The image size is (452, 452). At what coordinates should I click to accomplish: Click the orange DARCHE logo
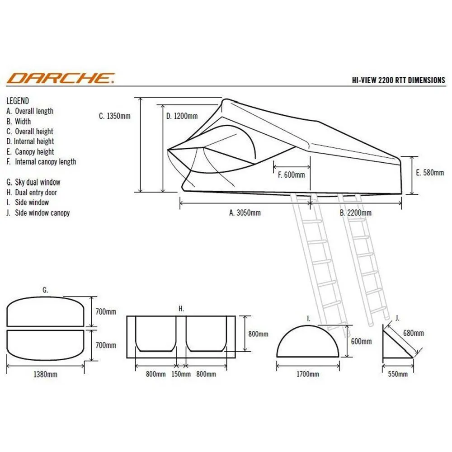coord(61,78)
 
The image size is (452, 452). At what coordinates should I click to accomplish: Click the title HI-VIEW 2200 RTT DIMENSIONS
coord(398,80)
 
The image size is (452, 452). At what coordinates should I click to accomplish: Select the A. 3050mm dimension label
coord(245,213)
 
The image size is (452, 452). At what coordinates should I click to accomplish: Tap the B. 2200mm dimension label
coord(355,213)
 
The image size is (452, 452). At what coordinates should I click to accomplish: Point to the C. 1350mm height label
coord(114,116)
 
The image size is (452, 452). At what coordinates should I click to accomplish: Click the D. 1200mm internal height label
coord(182,116)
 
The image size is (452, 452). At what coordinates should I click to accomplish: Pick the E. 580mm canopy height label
coord(430,172)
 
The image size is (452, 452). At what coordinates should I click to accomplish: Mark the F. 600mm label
coord(291,174)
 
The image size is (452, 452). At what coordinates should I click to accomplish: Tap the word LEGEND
coord(18,101)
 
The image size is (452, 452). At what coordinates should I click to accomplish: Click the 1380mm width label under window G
coord(45,374)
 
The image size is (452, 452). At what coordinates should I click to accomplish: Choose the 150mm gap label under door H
coord(181,374)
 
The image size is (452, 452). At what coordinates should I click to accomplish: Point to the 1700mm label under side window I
coord(307,374)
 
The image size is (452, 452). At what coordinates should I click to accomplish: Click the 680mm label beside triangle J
coord(414,333)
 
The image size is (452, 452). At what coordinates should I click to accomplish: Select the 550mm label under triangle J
coord(397,374)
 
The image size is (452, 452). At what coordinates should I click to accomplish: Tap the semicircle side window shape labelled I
coord(307,326)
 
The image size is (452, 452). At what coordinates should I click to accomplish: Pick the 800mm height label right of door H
coord(258,334)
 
